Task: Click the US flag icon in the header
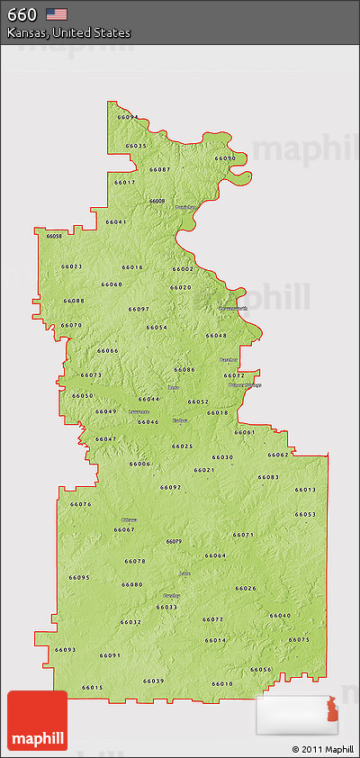pos(57,14)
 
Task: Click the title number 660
pos(22,14)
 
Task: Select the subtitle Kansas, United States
pos(68,32)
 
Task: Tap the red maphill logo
pos(37,720)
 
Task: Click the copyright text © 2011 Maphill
pos(322,749)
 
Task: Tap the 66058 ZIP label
pos(54,236)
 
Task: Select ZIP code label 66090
pos(225,158)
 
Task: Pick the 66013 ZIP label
pos(305,490)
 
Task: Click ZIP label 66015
pos(93,688)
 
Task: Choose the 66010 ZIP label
pos(222,684)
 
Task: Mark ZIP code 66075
pos(299,639)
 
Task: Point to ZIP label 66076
pos(81,504)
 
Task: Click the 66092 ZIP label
pos(171,487)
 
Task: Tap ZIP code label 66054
pos(157,327)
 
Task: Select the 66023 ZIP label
pos(72,266)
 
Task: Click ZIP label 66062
pos(278,455)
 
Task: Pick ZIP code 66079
pos(174,541)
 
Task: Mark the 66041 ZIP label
pos(116,221)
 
